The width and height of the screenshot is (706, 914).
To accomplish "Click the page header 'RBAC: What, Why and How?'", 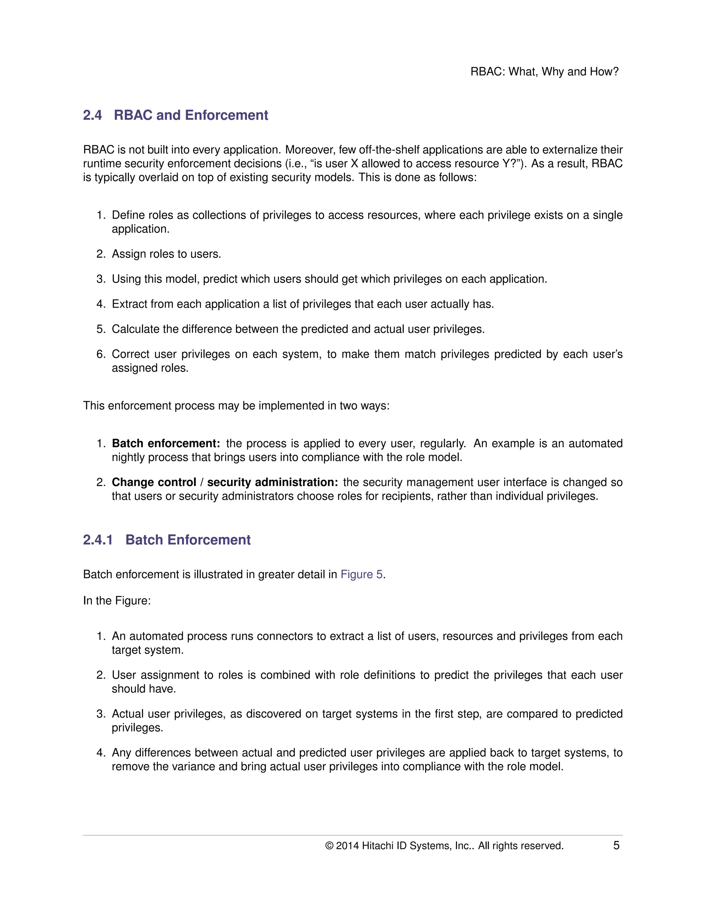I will click(x=544, y=71).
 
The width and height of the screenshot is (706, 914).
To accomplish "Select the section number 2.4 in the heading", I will click(x=92, y=115).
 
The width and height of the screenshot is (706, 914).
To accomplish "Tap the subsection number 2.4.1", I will click(x=98, y=539).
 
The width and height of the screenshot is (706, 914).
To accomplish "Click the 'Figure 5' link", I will click(x=361, y=574).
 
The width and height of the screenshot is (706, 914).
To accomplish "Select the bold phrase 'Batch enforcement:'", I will click(x=165, y=443).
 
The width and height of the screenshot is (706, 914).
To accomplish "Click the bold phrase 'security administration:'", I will click(x=272, y=482).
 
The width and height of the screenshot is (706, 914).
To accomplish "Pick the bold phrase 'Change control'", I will click(x=153, y=482).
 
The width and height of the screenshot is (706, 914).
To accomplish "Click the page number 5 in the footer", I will click(x=616, y=845).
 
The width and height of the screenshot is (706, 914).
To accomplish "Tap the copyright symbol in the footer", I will click(x=329, y=846).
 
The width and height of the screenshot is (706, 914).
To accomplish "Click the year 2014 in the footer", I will click(x=347, y=846).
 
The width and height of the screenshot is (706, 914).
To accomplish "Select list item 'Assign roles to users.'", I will click(x=166, y=254).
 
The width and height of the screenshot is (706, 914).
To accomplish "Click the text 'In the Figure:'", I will click(x=117, y=600).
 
